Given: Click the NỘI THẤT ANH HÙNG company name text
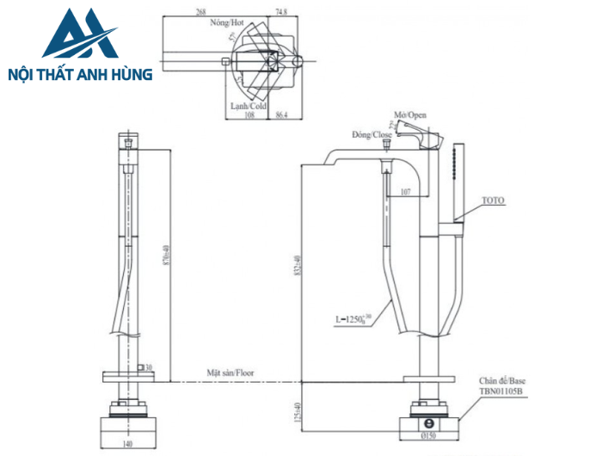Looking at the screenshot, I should coord(79,75).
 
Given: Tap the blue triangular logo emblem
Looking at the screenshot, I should coord(80,36).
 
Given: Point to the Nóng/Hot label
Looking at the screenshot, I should coord(224,26).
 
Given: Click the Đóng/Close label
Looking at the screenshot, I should coord(372,135).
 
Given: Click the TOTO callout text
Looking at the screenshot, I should coord(493,200).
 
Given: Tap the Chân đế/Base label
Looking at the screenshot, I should coord(503,379).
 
